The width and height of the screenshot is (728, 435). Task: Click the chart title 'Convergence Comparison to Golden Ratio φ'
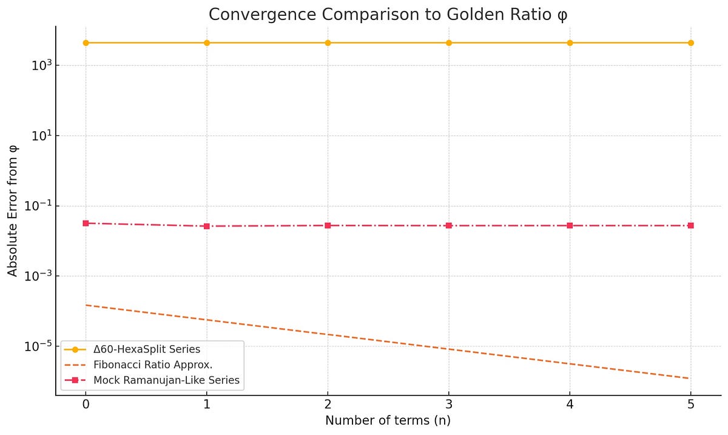pos(388,15)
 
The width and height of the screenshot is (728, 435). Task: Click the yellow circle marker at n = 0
pos(86,43)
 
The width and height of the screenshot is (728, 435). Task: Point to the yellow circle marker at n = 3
pos(449,43)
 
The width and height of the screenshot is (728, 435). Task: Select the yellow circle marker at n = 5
pos(691,43)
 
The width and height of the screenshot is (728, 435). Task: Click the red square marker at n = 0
pos(86,223)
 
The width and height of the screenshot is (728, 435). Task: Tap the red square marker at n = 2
pos(328,225)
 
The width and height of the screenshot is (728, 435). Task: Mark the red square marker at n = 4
pos(570,225)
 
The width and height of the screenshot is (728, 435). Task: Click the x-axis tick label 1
pos(207,403)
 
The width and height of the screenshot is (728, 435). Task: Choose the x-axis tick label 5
pos(691,403)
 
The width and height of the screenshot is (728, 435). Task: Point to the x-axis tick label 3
pos(449,403)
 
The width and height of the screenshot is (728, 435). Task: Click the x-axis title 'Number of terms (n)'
pos(388,420)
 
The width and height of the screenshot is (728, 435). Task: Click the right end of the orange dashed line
pos(689,378)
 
